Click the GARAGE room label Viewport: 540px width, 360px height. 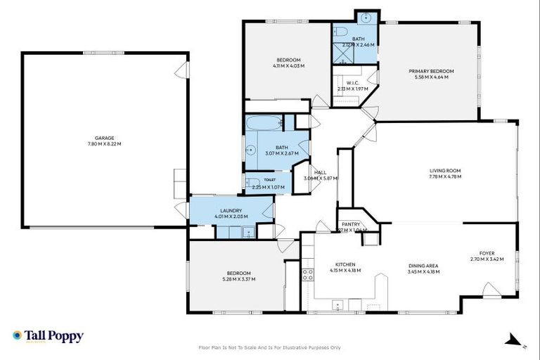105,138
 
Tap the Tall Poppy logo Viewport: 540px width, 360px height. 48,336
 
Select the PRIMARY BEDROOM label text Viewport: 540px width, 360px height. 432,71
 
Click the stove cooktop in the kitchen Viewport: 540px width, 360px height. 307,274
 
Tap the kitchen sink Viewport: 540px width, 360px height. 337,304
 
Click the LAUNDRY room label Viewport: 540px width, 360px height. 231,210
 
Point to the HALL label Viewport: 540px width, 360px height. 320,172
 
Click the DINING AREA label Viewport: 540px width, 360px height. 423,265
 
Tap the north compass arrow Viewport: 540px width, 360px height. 508,340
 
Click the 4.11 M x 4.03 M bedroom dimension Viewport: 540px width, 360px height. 288,66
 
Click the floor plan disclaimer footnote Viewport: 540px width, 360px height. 270,347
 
